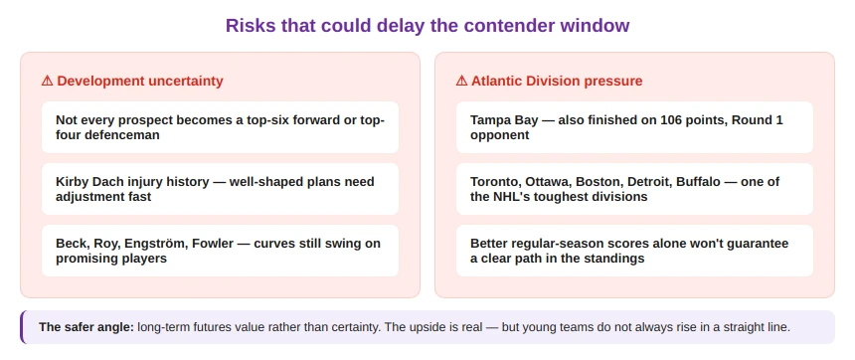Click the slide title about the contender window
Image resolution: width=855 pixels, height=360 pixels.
click(427, 25)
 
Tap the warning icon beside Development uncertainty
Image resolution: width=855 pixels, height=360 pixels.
click(47, 81)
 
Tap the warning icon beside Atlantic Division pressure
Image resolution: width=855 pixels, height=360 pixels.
click(461, 81)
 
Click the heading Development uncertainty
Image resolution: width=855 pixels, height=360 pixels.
click(140, 81)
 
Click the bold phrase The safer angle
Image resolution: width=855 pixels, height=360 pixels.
click(86, 326)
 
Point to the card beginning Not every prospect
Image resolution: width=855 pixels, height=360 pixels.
click(220, 127)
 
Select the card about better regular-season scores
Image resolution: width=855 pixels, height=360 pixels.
click(634, 251)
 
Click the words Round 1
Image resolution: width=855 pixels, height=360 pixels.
click(758, 119)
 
